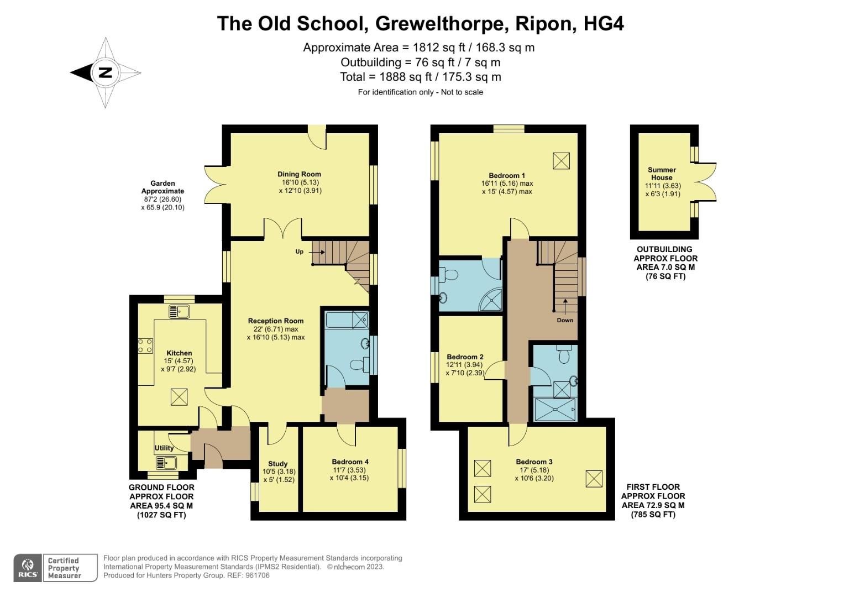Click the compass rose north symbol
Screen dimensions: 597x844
pyautogui.click(x=105, y=72)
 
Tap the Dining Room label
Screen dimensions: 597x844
pyautogui.click(x=299, y=174)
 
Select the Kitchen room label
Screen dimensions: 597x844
pyautogui.click(x=179, y=353)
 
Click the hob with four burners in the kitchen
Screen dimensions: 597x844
pyautogui.click(x=145, y=346)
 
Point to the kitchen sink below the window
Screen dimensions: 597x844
pyautogui.click(x=179, y=312)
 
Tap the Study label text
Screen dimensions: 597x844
pyautogui.click(x=278, y=464)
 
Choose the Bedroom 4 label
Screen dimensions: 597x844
pyautogui.click(x=350, y=462)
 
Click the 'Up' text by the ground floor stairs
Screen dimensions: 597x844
pyautogui.click(x=300, y=252)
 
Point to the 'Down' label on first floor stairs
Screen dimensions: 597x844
pyautogui.click(x=565, y=320)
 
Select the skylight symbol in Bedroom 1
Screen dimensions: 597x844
pyautogui.click(x=560, y=161)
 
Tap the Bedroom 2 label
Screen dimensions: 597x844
pyautogui.click(x=465, y=357)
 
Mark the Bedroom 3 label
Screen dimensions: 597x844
pyautogui.click(x=534, y=462)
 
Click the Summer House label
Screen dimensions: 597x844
pyautogui.click(x=662, y=174)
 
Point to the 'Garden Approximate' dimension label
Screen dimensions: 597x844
pyautogui.click(x=162, y=187)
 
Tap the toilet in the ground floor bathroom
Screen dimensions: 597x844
pyautogui.click(x=360, y=364)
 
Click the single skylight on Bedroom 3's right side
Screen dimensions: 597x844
pyautogui.click(x=594, y=479)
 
